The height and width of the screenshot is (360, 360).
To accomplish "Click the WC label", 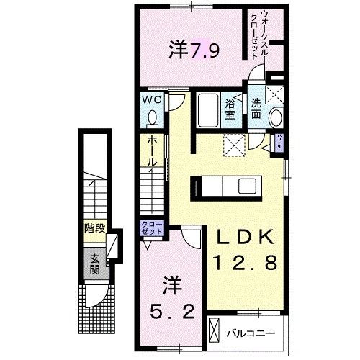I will pyautogui.click(x=150, y=99).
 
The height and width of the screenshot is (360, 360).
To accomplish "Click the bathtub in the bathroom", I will pyautogui.click(x=210, y=109).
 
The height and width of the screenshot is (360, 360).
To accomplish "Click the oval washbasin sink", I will pyautogui.click(x=275, y=117).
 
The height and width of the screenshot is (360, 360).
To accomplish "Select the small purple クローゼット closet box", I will pyautogui.click(x=153, y=229).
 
